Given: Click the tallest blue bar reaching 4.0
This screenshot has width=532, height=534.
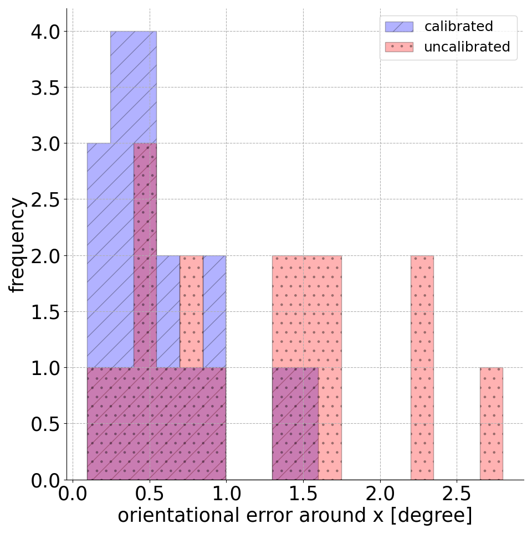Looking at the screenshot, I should click(x=133, y=83).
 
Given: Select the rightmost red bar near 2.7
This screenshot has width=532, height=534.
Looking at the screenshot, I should click(x=491, y=424).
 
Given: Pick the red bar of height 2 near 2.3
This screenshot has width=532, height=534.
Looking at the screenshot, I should click(x=422, y=366).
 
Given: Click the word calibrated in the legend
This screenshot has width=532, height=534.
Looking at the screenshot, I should click(x=458, y=27).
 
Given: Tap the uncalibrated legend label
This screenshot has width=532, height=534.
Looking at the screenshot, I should click(x=467, y=47).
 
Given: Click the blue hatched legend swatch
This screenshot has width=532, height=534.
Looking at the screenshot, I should click(x=399, y=27).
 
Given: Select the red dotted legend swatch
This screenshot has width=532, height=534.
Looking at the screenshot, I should click(x=399, y=47).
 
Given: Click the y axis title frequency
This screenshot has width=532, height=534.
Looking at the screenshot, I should click(x=18, y=244).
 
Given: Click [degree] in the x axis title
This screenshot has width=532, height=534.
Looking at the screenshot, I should click(x=434, y=515).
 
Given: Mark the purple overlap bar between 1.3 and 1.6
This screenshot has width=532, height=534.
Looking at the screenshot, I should click(x=295, y=424).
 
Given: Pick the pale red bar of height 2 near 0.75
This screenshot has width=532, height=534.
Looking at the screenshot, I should click(x=191, y=310).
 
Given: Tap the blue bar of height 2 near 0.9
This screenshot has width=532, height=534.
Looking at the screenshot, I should click(x=214, y=310).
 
